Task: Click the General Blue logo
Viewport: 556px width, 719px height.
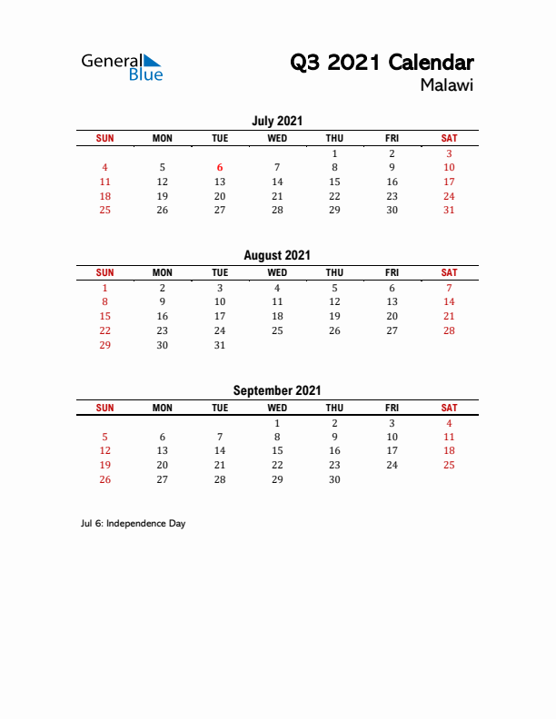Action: pyautogui.click(x=122, y=67)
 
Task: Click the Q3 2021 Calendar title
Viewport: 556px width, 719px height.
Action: pyautogui.click(x=382, y=63)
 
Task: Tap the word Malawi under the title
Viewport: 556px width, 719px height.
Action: pyautogui.click(x=447, y=86)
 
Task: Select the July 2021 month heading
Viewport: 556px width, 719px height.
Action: pyautogui.click(x=277, y=121)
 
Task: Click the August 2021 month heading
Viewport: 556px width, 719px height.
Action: pyautogui.click(x=277, y=256)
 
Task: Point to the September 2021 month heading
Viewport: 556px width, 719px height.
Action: pyautogui.click(x=277, y=390)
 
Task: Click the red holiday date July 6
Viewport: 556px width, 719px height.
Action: pyautogui.click(x=220, y=167)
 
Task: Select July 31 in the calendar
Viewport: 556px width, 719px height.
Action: pyautogui.click(x=449, y=211)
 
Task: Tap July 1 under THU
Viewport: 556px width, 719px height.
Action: pyautogui.click(x=334, y=153)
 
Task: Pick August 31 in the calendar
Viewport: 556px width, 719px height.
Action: pyautogui.click(x=220, y=345)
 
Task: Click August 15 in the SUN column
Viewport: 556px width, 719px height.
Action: pyautogui.click(x=104, y=316)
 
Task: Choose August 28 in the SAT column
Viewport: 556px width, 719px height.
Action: pyautogui.click(x=449, y=330)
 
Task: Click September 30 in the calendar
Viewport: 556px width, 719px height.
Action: pyautogui.click(x=334, y=479)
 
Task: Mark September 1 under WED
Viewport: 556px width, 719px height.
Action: pyautogui.click(x=277, y=423)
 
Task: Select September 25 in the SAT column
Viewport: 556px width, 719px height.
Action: pyautogui.click(x=449, y=465)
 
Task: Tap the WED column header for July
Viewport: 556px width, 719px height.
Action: pyautogui.click(x=277, y=138)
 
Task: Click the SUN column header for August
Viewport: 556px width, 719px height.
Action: pyautogui.click(x=104, y=272)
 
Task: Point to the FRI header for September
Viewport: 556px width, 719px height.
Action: pyautogui.click(x=392, y=408)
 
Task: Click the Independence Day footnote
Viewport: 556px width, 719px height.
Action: pyautogui.click(x=133, y=524)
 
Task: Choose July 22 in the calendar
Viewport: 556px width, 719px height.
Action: pyautogui.click(x=334, y=196)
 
